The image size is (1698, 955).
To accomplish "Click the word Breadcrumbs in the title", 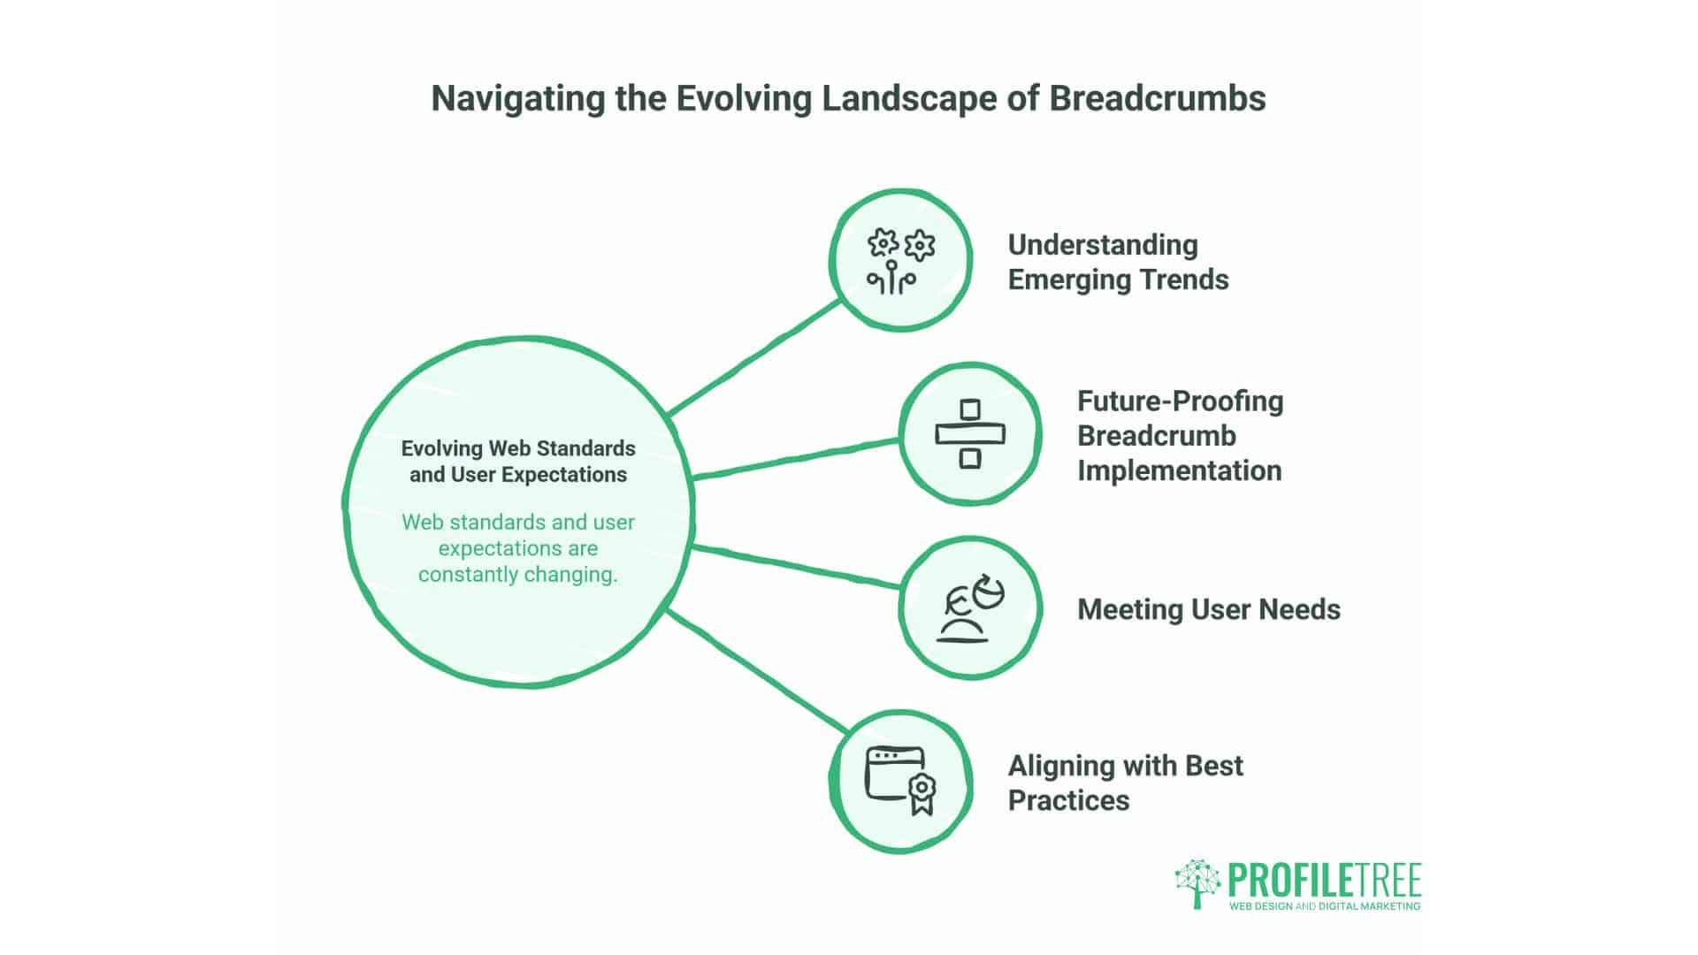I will click(x=1157, y=98).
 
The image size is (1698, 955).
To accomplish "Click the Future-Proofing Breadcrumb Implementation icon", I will click(x=970, y=433).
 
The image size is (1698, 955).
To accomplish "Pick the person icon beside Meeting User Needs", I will click(x=970, y=608).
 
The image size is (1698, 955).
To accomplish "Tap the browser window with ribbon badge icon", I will click(x=900, y=782).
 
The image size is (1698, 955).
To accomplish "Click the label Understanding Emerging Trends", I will click(x=1118, y=262).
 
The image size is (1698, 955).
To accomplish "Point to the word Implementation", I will click(x=1179, y=470).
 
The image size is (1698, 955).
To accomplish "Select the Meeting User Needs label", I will click(x=1208, y=609).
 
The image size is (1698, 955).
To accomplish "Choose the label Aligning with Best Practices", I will click(x=1125, y=783).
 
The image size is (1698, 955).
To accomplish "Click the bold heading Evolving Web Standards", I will click(x=518, y=448).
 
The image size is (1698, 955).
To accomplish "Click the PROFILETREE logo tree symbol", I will click(x=1197, y=882).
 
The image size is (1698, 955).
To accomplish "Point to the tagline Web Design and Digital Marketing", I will click(x=1324, y=906).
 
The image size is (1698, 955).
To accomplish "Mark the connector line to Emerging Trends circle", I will click(x=753, y=357).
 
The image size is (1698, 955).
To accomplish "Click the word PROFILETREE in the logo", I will click(x=1324, y=881).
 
